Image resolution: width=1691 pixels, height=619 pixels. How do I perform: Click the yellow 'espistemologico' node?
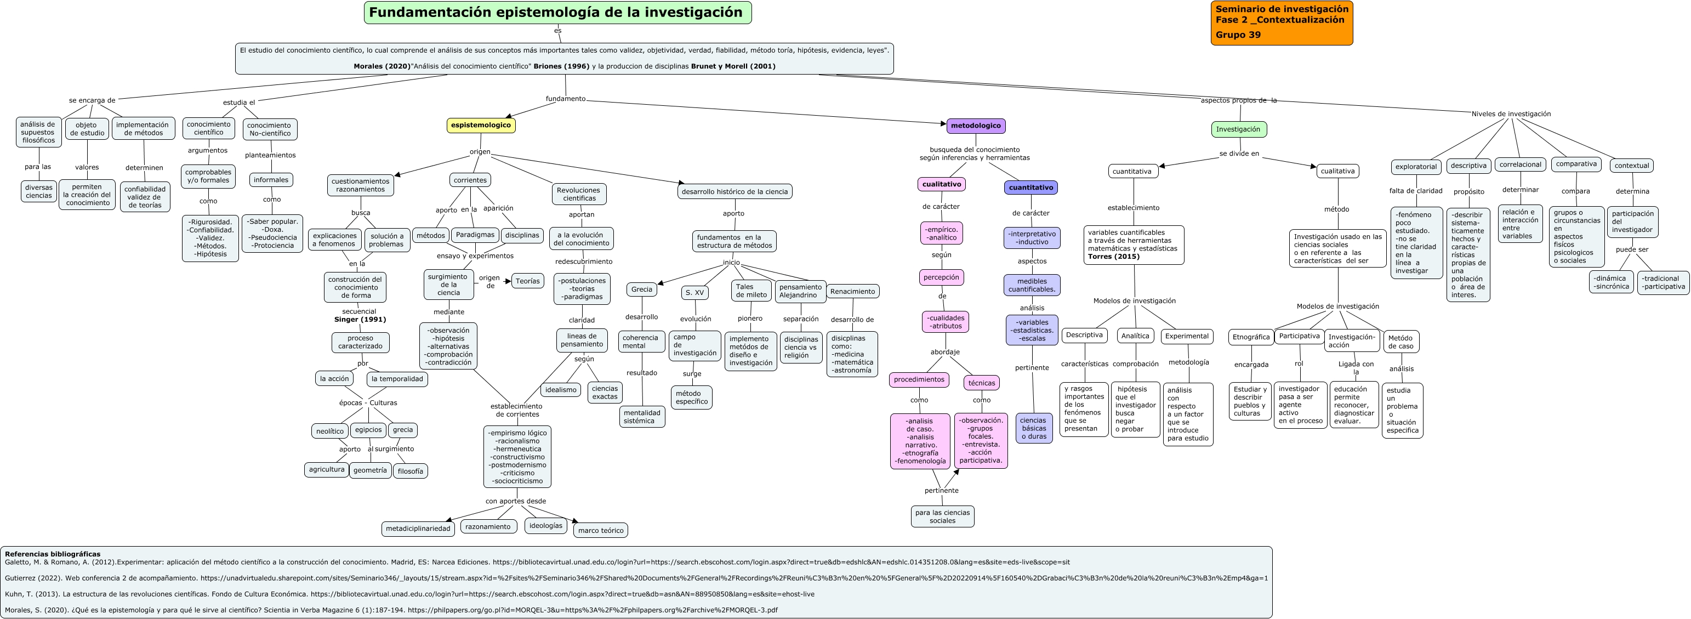click(x=481, y=126)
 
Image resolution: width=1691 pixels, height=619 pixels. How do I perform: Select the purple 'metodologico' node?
click(x=976, y=126)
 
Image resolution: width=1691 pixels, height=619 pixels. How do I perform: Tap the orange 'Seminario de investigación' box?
click(x=1282, y=23)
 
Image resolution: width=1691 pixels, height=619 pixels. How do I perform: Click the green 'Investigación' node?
click(x=1238, y=129)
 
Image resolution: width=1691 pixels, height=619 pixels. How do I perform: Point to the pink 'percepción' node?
click(x=941, y=277)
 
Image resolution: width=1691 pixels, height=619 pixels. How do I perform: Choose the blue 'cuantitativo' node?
click(x=1030, y=188)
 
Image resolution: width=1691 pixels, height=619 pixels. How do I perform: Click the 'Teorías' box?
click(x=527, y=281)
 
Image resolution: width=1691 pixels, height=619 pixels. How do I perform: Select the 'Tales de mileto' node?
click(x=751, y=291)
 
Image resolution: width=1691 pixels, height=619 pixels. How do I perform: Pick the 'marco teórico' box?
click(x=601, y=530)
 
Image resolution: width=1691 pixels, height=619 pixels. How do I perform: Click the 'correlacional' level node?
click(x=1521, y=165)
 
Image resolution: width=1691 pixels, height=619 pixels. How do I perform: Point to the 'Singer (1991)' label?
click(x=360, y=320)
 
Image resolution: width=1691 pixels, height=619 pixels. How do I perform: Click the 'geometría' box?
click(x=370, y=470)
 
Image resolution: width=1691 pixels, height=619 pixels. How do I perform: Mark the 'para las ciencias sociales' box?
click(x=942, y=516)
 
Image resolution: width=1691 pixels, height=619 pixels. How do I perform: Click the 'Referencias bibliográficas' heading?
click(x=53, y=554)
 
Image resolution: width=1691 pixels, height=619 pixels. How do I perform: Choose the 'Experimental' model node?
click(x=1186, y=336)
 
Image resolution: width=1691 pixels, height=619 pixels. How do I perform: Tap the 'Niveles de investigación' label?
click(x=1511, y=113)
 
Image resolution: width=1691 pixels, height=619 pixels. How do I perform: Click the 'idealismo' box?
click(x=561, y=390)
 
